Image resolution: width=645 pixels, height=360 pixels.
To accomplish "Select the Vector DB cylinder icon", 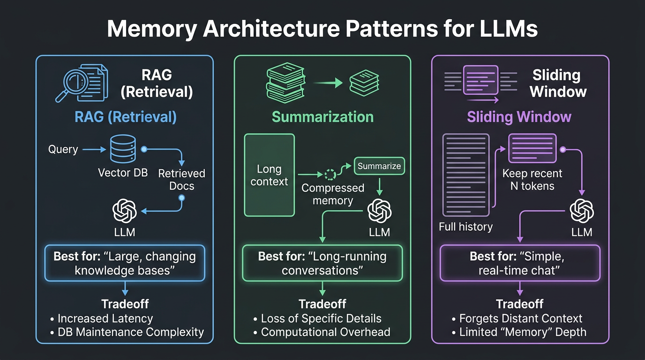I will click(123, 149).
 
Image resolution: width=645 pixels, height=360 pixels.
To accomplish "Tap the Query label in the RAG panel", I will click(63, 150).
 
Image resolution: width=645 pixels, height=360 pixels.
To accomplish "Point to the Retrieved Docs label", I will click(181, 180).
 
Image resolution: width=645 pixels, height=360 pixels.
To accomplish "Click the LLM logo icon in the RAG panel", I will click(124, 210).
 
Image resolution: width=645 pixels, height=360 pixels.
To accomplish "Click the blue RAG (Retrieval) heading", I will click(126, 117).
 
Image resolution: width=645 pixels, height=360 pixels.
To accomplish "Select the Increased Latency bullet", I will click(105, 319).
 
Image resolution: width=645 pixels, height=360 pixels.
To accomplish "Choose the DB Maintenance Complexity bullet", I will click(130, 332).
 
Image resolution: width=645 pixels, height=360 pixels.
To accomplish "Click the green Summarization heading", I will click(322, 117).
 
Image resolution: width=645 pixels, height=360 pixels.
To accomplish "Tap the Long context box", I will click(270, 175).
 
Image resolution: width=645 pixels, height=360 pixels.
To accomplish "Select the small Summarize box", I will click(379, 166).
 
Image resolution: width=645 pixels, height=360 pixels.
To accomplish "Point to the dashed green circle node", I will click(330, 175).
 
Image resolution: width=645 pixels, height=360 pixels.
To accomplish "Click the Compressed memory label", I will click(332, 194).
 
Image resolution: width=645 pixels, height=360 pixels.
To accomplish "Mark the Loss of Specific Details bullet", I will click(321, 319).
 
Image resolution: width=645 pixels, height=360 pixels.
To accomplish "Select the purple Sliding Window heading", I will click(519, 117).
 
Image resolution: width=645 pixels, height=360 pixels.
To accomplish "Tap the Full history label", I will click(465, 227).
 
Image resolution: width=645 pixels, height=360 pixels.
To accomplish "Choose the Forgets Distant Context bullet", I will click(520, 319).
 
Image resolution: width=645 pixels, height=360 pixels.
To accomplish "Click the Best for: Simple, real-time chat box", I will click(519, 263).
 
